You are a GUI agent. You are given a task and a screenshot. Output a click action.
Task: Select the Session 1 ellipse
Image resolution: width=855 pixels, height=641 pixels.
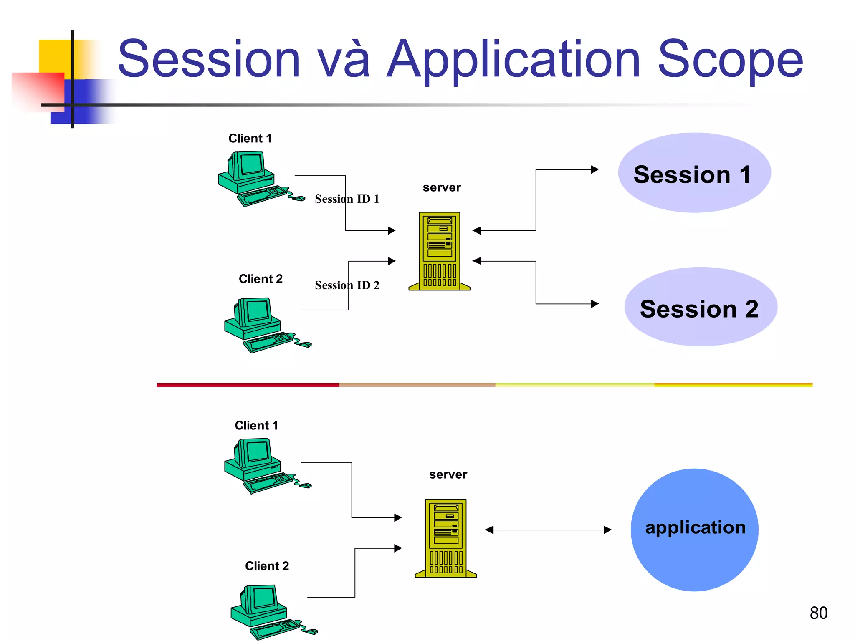tap(694, 173)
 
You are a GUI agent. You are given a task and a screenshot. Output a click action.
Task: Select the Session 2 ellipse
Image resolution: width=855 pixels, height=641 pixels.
tap(700, 307)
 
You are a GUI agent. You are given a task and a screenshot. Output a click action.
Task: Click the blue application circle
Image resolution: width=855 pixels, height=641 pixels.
tap(694, 530)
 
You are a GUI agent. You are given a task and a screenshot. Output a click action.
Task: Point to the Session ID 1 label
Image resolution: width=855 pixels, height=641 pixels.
tap(347, 199)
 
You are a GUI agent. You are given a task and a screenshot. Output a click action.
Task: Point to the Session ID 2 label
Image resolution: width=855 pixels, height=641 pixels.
tap(347, 285)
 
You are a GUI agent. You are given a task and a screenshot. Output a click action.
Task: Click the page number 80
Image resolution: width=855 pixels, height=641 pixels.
tap(818, 613)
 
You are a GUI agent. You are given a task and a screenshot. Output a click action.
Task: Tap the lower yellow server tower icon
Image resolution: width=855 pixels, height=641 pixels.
tap(446, 538)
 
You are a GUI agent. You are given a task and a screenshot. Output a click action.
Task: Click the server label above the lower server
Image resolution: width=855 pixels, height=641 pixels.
tap(448, 474)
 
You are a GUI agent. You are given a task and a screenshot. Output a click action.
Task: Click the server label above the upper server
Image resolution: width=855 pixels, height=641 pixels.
tap(442, 187)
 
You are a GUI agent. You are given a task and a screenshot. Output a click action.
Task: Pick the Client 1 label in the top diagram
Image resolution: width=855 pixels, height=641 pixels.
tap(250, 139)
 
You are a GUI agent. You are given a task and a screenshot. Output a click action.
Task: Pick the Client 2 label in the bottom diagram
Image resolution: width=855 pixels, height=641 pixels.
tap(267, 566)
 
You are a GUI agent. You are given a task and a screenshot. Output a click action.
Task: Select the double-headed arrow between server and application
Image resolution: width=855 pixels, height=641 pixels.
tap(548, 530)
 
